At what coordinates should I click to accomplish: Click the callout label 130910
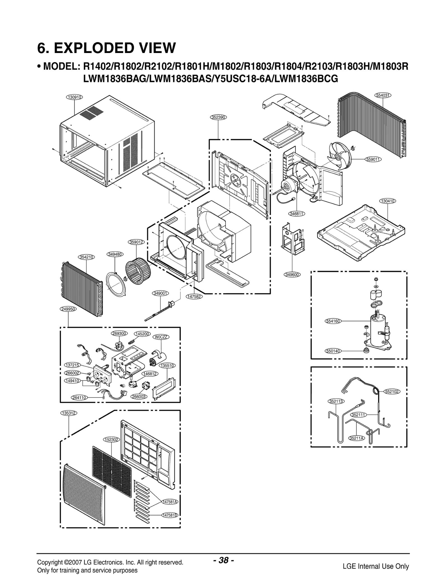click(74, 97)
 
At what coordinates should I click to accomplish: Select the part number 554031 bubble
click(383, 95)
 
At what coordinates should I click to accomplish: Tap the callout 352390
click(218, 117)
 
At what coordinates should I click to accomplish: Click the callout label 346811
click(297, 214)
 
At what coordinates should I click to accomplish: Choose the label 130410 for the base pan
click(388, 201)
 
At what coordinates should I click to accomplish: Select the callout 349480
click(115, 254)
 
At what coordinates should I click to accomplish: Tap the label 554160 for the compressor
click(333, 321)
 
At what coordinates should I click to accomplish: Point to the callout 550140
click(333, 351)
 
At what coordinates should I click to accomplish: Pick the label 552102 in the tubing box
click(392, 392)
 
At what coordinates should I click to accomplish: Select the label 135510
click(167, 366)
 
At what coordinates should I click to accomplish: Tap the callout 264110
click(79, 398)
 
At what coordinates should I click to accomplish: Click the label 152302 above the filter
click(111, 440)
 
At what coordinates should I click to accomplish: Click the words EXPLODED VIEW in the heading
click(115, 48)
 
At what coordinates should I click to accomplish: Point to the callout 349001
click(160, 293)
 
